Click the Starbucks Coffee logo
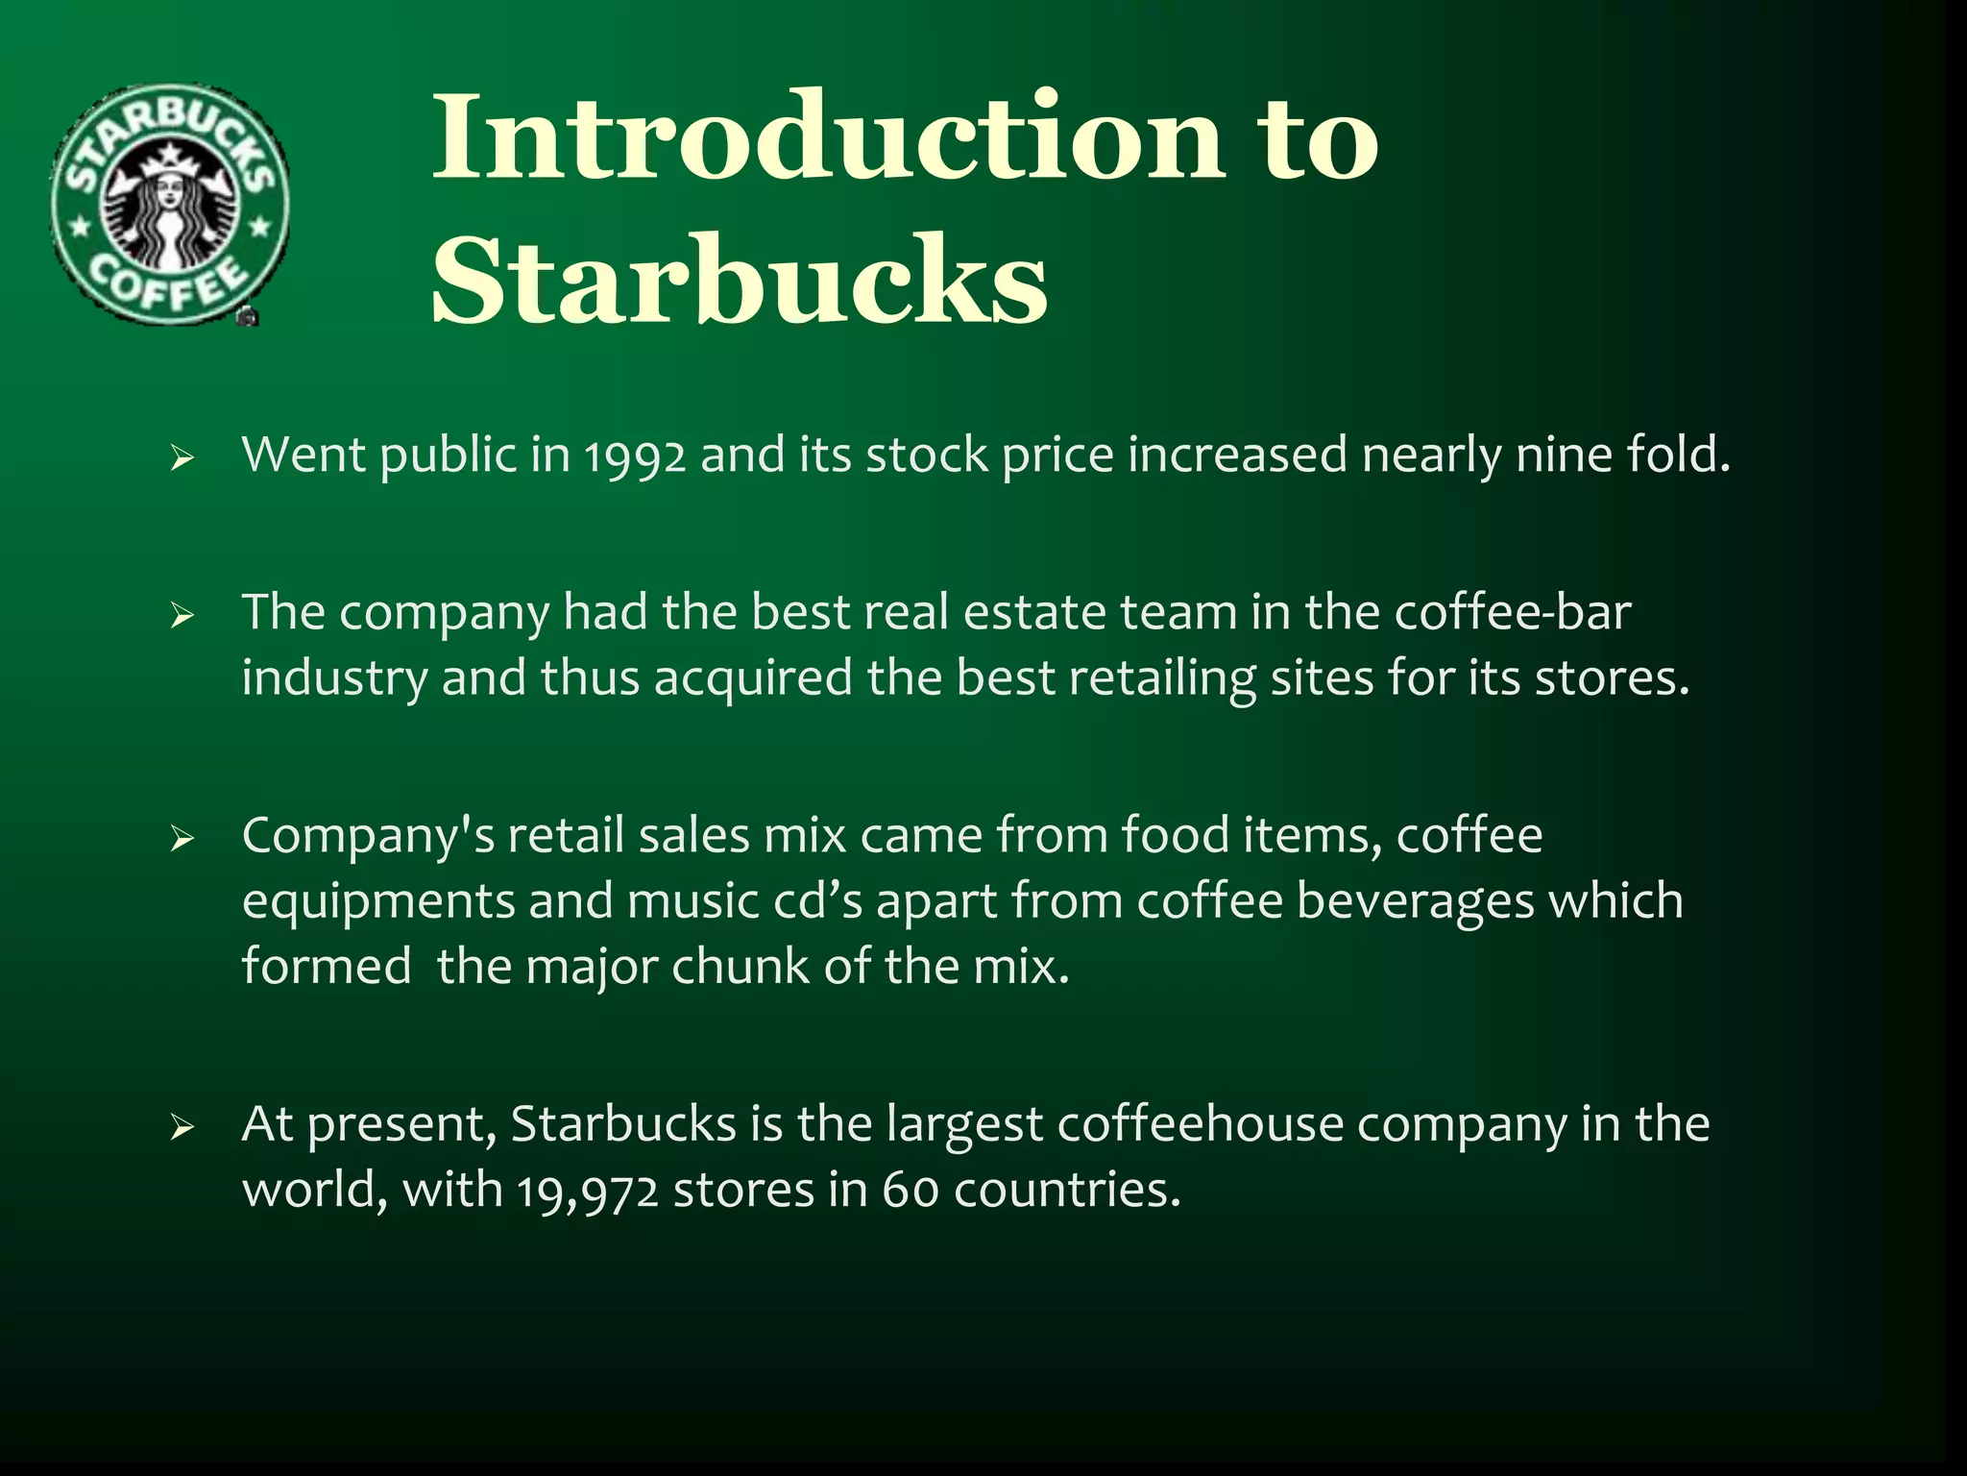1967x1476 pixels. (x=169, y=204)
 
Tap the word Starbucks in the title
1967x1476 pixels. (x=740, y=281)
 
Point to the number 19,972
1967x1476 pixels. (x=588, y=1192)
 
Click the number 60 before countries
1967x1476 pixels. (x=910, y=1191)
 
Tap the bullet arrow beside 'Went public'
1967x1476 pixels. (x=182, y=458)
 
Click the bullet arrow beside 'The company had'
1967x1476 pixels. (x=182, y=615)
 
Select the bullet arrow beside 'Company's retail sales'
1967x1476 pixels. (x=182, y=839)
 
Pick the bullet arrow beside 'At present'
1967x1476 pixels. (x=182, y=1127)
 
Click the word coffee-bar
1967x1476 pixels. (x=1512, y=612)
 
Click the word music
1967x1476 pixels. (x=692, y=901)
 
